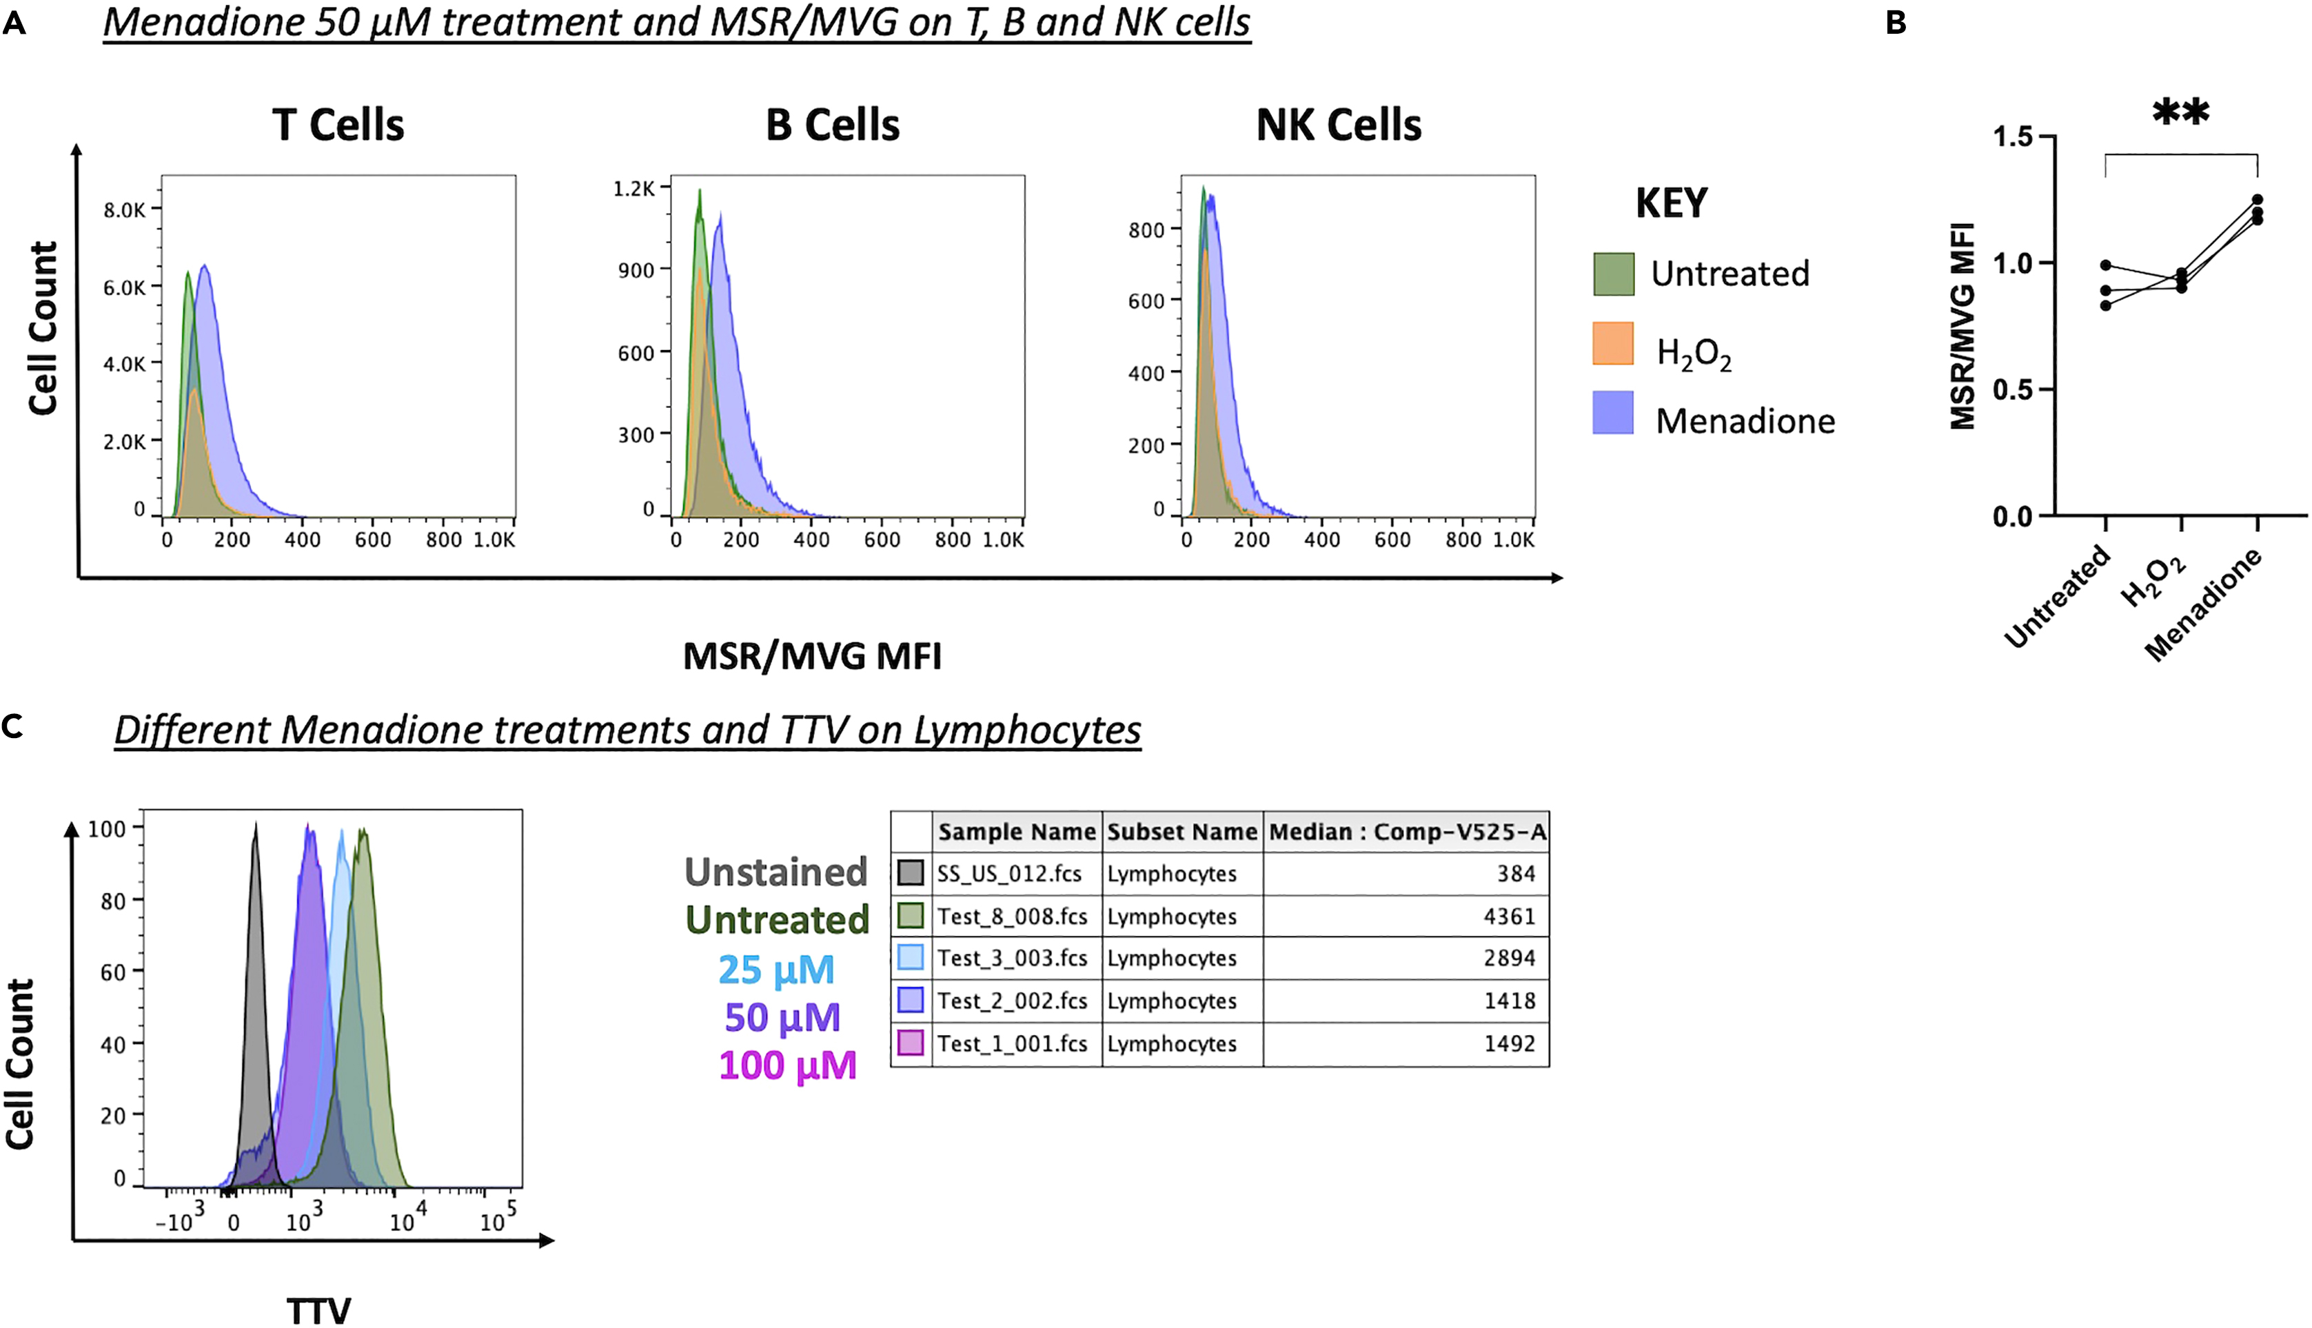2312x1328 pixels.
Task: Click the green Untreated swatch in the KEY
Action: point(1612,274)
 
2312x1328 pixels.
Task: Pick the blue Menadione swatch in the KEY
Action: point(1612,412)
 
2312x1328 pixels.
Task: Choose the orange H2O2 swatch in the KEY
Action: point(1612,343)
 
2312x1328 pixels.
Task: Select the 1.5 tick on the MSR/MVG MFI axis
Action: point(2013,137)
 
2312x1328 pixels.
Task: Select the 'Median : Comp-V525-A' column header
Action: point(1406,831)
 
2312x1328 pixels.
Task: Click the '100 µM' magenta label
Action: point(787,1065)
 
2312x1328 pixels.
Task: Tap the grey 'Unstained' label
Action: point(775,872)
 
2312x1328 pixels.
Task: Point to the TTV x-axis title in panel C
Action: point(318,1311)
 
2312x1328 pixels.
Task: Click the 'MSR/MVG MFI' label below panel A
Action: point(812,656)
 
